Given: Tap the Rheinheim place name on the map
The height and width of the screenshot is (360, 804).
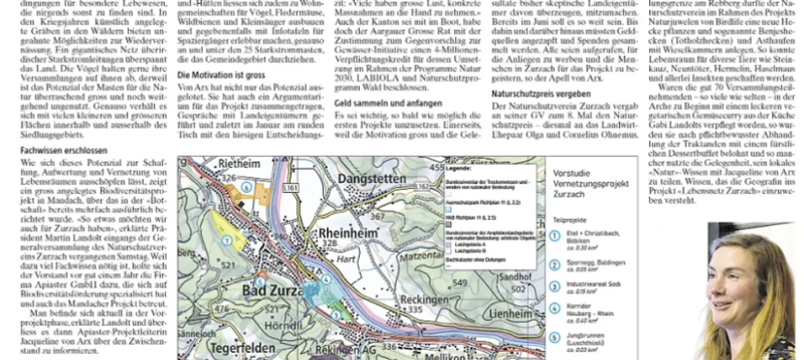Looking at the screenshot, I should coord(345,232).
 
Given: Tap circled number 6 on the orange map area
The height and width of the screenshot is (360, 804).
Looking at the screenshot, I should coord(245,186).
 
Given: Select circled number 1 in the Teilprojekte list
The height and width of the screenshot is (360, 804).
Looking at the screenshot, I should coord(555,236).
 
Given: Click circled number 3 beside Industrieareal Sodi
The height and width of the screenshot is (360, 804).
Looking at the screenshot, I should coord(555,286).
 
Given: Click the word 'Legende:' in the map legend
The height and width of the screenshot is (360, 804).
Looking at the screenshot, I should coord(459,168).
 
